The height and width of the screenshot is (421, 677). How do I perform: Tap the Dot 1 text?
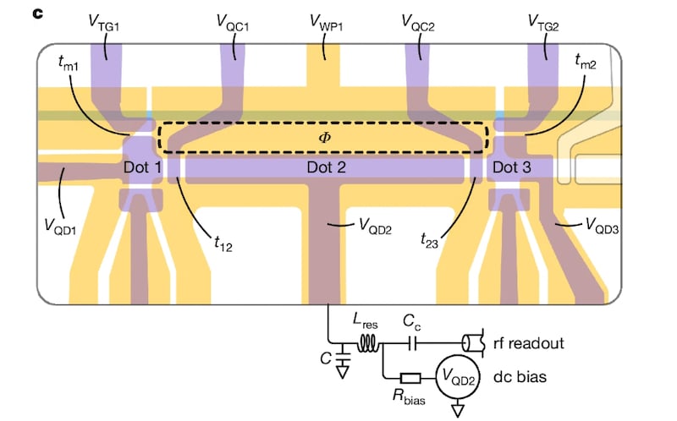pos(142,168)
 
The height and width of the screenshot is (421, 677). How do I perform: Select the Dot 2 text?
pos(327,168)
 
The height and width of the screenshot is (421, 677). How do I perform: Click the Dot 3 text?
pos(511,168)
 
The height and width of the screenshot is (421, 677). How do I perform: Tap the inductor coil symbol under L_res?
pos(369,343)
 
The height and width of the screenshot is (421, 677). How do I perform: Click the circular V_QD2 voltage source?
pos(455,377)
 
